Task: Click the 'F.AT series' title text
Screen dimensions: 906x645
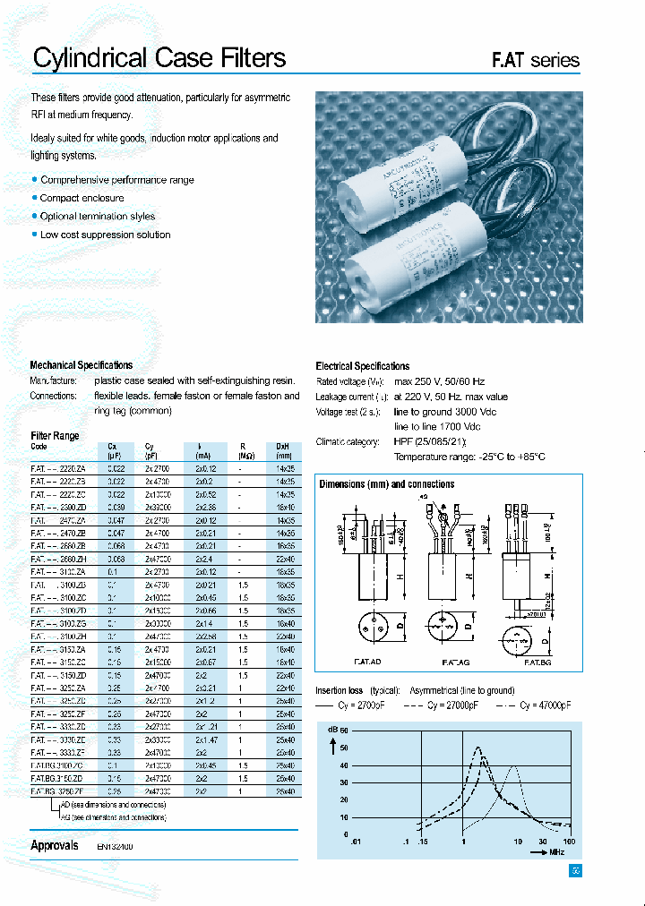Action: pos(535,61)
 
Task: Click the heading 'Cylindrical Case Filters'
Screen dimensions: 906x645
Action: pos(159,58)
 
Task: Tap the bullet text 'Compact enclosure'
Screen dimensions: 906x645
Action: pos(82,198)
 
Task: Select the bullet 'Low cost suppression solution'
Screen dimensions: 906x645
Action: pos(105,235)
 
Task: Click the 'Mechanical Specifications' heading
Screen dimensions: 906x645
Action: pos(82,365)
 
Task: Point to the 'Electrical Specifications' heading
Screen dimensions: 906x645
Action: pos(363,366)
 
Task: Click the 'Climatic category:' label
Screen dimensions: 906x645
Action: pos(348,442)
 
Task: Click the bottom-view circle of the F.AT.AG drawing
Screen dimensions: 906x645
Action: pos(444,625)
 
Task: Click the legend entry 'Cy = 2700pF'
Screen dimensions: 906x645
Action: pos(359,705)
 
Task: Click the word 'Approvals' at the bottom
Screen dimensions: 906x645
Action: pos(55,845)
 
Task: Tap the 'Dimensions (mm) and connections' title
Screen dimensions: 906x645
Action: pos(387,484)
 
